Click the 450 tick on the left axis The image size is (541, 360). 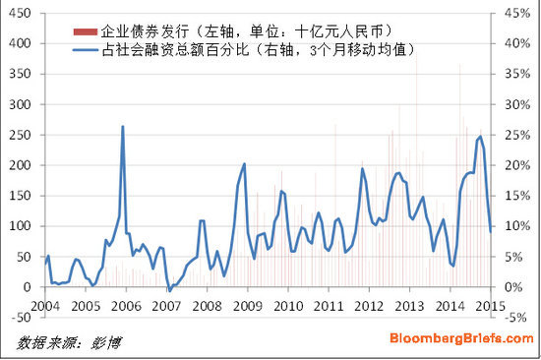(x=20, y=14)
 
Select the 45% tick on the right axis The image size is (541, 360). (x=516, y=14)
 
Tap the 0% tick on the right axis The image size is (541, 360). (x=512, y=287)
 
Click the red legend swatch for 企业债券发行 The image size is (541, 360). (x=86, y=30)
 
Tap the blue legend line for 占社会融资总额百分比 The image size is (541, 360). (x=86, y=48)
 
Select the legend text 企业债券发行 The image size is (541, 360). (x=144, y=30)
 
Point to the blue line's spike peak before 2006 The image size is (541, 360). (x=123, y=126)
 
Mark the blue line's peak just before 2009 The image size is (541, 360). (x=244, y=164)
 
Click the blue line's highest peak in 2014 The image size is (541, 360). (x=480, y=137)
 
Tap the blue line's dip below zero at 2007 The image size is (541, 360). (x=169, y=291)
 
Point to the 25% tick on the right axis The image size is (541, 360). (x=516, y=135)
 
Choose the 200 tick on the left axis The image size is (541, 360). (x=20, y=165)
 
